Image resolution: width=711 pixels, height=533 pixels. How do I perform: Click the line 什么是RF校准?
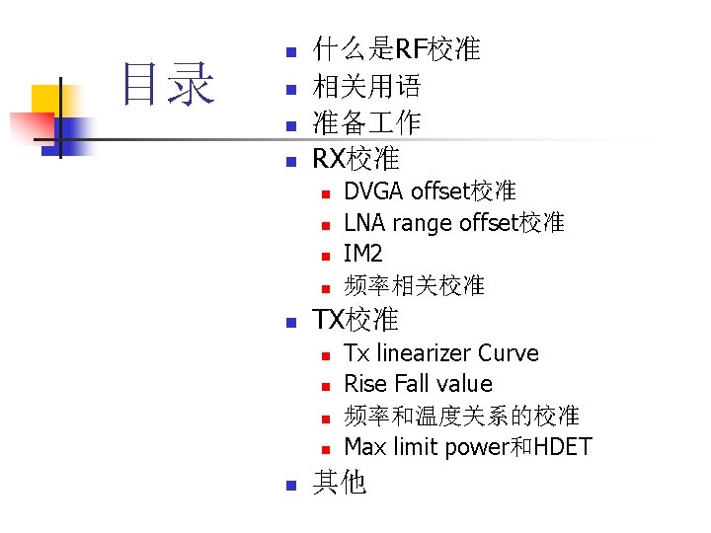(x=396, y=49)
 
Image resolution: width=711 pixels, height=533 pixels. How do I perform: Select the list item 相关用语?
(x=367, y=87)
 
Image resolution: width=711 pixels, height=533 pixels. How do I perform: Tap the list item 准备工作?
(x=367, y=123)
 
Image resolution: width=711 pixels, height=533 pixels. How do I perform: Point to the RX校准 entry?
(x=355, y=158)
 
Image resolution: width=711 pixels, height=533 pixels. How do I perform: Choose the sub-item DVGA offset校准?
(x=430, y=190)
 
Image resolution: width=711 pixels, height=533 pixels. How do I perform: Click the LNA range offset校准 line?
(x=453, y=223)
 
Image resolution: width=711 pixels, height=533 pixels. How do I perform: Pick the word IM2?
(x=362, y=255)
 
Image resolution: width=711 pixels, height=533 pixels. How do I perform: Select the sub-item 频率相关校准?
(x=414, y=286)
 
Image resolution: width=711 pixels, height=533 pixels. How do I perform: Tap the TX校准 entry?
(x=355, y=320)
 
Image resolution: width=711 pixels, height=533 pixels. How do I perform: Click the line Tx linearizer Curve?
(x=440, y=353)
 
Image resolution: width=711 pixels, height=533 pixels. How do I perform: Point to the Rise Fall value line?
(x=418, y=384)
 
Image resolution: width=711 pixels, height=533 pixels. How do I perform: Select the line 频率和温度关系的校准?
(x=461, y=416)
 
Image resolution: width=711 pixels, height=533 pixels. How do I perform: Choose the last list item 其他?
(x=340, y=482)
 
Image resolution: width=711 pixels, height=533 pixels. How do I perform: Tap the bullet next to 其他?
(x=289, y=485)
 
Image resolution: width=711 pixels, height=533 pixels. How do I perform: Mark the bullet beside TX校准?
(x=289, y=322)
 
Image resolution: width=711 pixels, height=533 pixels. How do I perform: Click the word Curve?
(x=509, y=353)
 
